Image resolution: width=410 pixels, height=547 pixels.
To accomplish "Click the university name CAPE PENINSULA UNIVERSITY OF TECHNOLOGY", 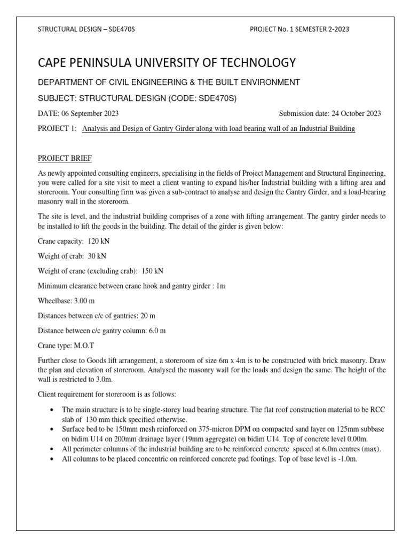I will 166,63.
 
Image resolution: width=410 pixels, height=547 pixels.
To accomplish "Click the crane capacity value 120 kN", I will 99,241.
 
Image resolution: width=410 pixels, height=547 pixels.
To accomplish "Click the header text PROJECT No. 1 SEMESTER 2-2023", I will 299,29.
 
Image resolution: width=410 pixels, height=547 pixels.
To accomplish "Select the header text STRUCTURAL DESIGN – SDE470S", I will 86,29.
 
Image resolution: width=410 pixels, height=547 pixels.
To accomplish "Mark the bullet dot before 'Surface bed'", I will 51,429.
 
